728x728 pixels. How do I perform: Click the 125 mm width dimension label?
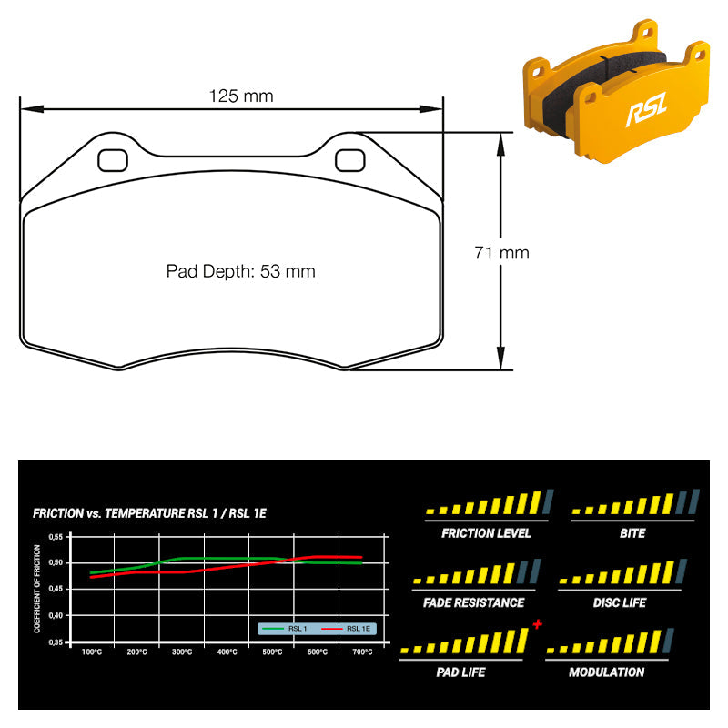pyautogui.click(x=241, y=96)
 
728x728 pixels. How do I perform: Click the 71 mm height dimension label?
pyautogui.click(x=501, y=253)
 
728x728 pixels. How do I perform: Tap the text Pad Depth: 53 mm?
pyautogui.click(x=240, y=271)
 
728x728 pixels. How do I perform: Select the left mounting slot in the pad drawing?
pyautogui.click(x=113, y=160)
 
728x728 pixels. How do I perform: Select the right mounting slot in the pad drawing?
pyautogui.click(x=350, y=160)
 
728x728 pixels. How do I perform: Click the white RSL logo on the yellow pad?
pyautogui.click(x=647, y=108)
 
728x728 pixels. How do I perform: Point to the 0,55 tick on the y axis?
pyautogui.click(x=56, y=537)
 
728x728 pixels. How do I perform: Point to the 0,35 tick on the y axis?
pyautogui.click(x=56, y=642)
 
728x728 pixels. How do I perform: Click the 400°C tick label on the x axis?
pyautogui.click(x=227, y=652)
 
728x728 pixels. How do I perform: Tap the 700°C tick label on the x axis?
pyautogui.click(x=362, y=652)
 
